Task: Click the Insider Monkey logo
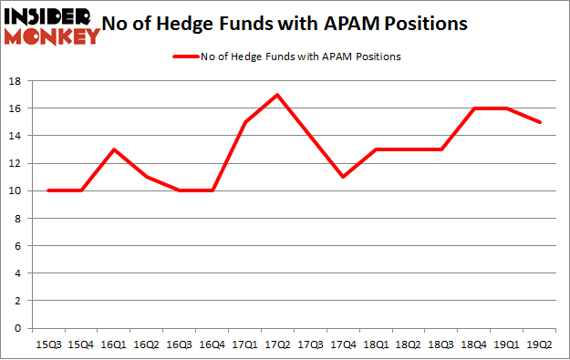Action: point(52,25)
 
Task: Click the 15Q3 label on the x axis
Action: point(47,344)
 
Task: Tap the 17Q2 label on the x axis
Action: point(277,344)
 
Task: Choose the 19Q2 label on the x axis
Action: point(540,344)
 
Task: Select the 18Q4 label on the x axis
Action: point(474,344)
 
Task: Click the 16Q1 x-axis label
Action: point(113,344)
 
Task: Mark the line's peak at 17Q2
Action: point(277,95)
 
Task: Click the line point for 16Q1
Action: point(113,149)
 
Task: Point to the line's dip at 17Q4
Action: point(343,177)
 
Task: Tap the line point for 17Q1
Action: point(244,122)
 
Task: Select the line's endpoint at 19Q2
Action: point(540,122)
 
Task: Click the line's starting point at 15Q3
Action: point(47,190)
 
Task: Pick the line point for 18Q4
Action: point(474,108)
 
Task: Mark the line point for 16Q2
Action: point(146,177)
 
